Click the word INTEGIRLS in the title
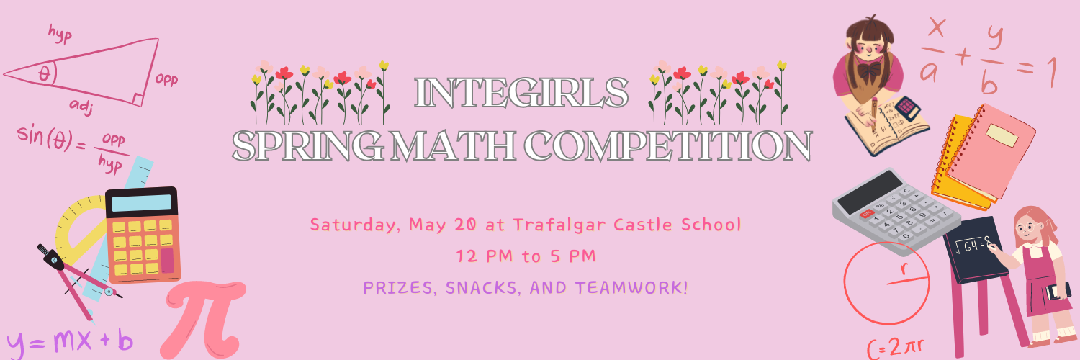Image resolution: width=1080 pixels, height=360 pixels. click(521, 92)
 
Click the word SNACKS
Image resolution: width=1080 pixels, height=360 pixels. click(483, 288)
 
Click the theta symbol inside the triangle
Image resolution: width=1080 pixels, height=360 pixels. click(45, 73)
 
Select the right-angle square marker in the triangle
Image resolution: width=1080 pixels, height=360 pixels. click(138, 100)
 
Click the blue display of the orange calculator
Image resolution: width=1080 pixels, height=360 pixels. click(141, 203)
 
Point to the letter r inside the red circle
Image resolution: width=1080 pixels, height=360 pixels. click(904, 269)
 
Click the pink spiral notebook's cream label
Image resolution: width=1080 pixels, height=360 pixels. click(1002, 135)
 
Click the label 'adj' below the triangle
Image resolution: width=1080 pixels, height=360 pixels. click(81, 107)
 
